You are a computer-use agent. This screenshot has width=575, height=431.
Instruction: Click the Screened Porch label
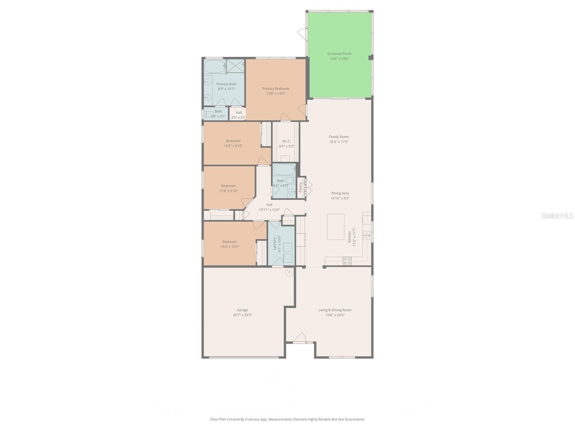(x=339, y=54)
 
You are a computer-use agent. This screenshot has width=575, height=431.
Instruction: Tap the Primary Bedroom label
(x=276, y=89)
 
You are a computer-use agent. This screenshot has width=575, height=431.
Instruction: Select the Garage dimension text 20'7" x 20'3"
(x=242, y=315)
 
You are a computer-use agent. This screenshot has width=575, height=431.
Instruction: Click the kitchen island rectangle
(x=336, y=227)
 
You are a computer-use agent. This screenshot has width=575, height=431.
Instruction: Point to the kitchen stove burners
(x=347, y=261)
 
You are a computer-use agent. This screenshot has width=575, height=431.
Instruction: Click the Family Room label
(x=339, y=137)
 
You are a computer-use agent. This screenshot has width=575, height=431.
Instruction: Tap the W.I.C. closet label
(x=286, y=142)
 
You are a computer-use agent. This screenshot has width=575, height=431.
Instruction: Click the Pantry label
(x=301, y=187)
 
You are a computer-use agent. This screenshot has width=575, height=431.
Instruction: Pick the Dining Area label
(x=340, y=193)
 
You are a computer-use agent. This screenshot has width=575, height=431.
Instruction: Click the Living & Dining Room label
(x=335, y=310)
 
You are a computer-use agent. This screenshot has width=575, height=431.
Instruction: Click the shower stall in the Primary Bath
(x=235, y=66)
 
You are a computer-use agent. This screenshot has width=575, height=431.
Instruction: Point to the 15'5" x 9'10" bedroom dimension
(x=233, y=146)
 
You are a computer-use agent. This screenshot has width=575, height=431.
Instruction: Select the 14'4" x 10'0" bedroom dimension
(x=229, y=247)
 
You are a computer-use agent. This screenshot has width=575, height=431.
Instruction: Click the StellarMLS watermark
(x=557, y=215)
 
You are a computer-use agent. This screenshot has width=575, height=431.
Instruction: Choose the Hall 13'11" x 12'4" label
(x=269, y=205)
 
